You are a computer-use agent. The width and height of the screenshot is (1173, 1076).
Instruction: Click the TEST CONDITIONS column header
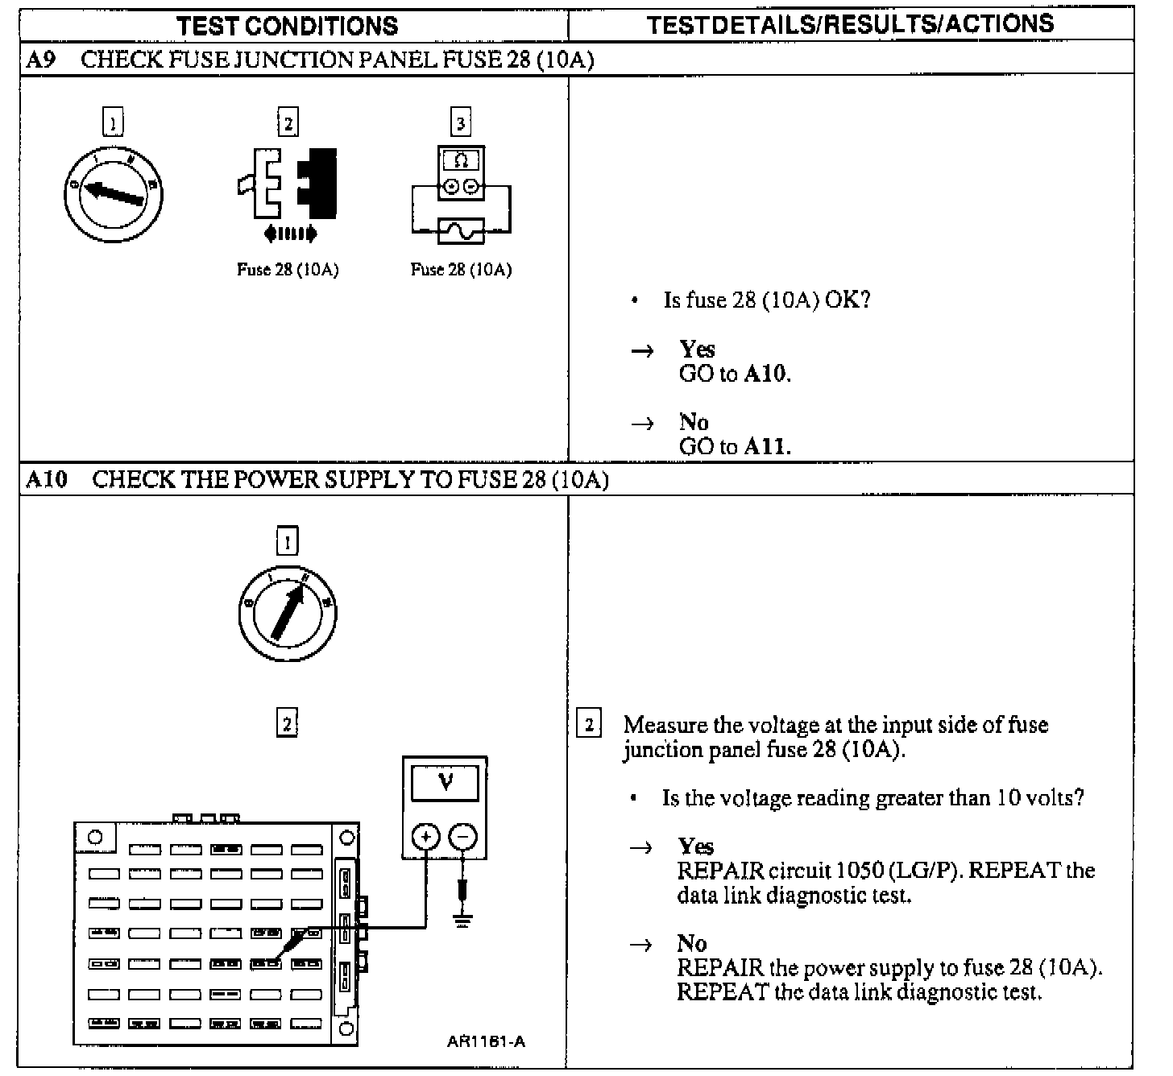(288, 25)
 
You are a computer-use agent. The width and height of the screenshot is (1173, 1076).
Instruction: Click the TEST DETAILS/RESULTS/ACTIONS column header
(850, 24)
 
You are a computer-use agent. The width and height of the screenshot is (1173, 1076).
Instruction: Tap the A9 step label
(41, 60)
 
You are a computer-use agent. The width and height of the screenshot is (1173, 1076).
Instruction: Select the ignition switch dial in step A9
(113, 193)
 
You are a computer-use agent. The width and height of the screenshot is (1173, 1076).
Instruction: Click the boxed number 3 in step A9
(460, 123)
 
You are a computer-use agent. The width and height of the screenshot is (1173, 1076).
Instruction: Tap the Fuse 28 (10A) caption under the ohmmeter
(461, 270)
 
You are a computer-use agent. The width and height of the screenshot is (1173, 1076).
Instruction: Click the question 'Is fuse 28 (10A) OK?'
(767, 300)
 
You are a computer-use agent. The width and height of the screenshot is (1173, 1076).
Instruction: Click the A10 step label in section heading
(47, 479)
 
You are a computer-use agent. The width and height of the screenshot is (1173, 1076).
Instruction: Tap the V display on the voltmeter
(445, 781)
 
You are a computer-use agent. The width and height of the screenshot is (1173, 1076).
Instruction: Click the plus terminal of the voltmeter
(425, 838)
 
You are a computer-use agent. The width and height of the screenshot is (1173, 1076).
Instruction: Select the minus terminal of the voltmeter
(462, 838)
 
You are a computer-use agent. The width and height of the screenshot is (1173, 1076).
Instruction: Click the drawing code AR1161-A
(486, 1041)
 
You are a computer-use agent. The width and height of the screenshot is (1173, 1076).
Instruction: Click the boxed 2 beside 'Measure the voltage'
(589, 725)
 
